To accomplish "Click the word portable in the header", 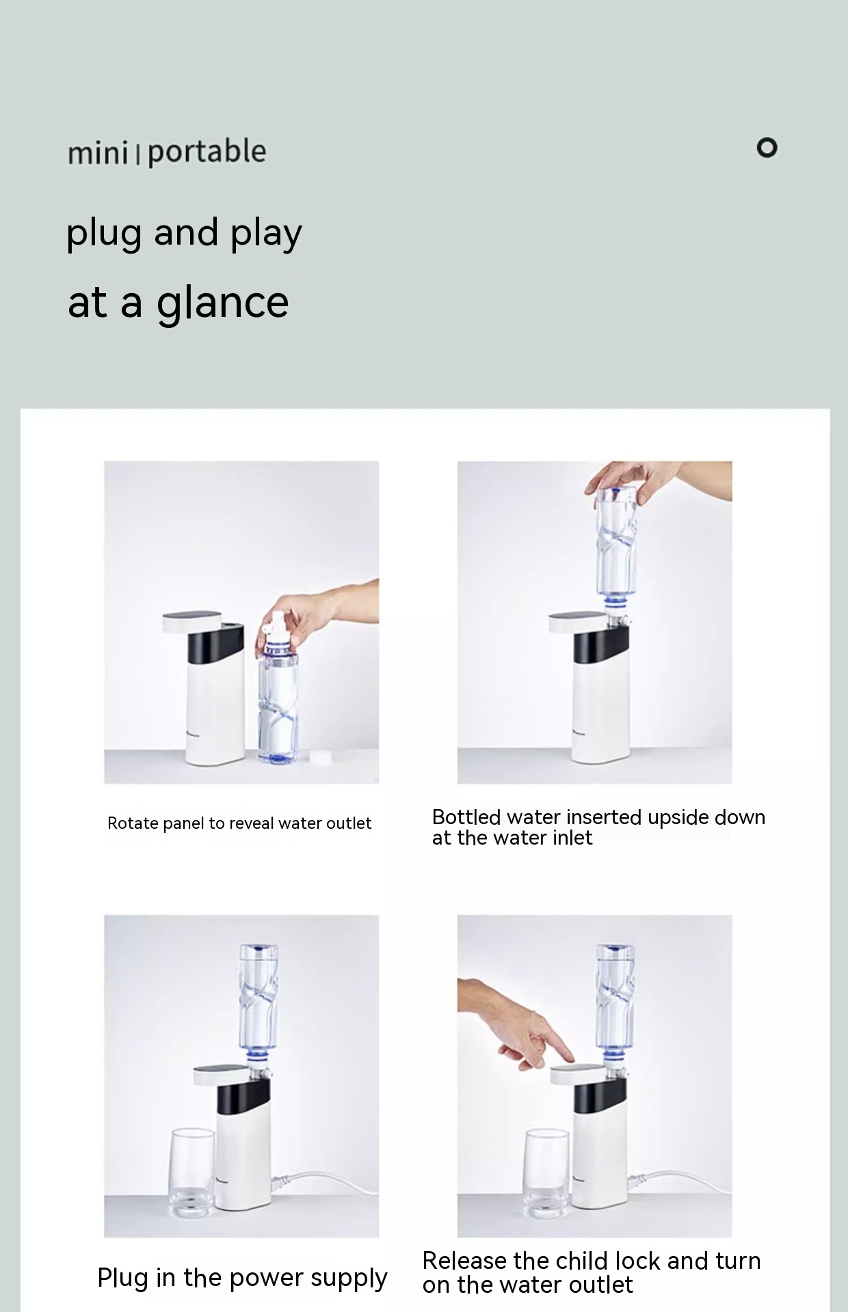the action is point(207,152).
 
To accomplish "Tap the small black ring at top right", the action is point(767,148).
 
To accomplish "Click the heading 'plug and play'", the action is point(184,234).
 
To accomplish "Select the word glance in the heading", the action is point(222,303).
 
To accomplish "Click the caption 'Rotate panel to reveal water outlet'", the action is point(239,823).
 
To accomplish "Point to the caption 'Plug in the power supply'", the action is point(242,1277).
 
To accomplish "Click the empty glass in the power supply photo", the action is point(192,1173).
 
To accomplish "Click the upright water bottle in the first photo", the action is point(278,697).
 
